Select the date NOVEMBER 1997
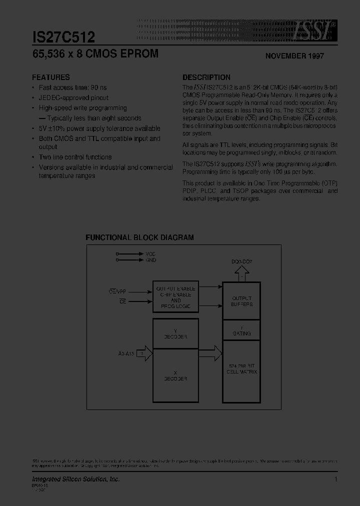pyautogui.click(x=294, y=56)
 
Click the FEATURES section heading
pyautogui.click(x=51, y=77)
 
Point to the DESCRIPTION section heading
pyautogui.click(x=206, y=77)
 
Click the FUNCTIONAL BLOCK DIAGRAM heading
pyautogui.click(x=139, y=238)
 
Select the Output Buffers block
pyautogui.click(x=241, y=301)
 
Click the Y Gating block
pyautogui.click(x=241, y=330)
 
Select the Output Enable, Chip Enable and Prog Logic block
pyautogui.click(x=175, y=297)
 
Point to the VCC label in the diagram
pyautogui.click(x=150, y=254)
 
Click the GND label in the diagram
pyautogui.click(x=150, y=260)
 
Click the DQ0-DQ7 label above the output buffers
pyautogui.click(x=241, y=261)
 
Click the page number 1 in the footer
pyautogui.click(x=336, y=479)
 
